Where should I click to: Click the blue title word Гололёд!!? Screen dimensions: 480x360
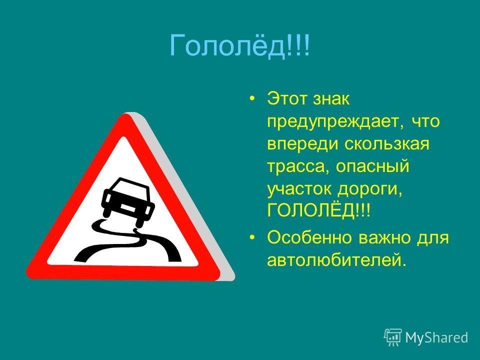[x=239, y=45]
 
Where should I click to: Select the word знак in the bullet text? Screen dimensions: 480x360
[x=331, y=99]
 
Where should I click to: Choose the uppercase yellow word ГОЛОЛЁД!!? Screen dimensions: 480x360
[x=318, y=210]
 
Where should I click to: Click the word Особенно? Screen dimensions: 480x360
[x=309, y=237]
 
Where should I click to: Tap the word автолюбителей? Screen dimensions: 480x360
[x=336, y=260]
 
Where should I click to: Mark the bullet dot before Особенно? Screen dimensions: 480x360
[x=252, y=237]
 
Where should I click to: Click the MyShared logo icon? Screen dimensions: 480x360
[x=393, y=337]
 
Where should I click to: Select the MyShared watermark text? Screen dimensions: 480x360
[x=436, y=337]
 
